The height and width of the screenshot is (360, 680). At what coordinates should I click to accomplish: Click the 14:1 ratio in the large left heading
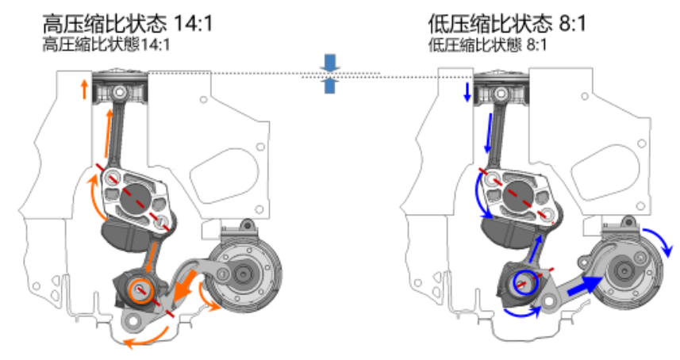point(194,22)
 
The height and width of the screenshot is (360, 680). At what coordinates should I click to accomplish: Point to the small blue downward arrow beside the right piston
point(467,92)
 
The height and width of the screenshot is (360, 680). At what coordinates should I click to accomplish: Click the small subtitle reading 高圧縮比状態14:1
point(107,44)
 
